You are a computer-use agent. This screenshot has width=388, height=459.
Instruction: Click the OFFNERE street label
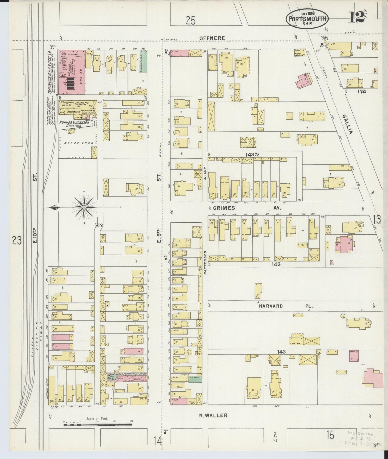pos(212,38)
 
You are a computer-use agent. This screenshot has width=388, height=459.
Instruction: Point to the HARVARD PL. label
pos(286,306)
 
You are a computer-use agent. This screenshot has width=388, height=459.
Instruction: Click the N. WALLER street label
pos(213,416)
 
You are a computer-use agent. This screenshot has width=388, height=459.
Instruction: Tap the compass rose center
pos(84,207)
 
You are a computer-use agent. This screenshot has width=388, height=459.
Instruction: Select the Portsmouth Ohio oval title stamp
pos(307,19)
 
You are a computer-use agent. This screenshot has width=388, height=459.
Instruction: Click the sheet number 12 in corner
pos(357,18)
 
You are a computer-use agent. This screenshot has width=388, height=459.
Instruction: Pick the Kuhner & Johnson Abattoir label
pos(74,124)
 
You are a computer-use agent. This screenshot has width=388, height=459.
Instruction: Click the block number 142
pos(99,225)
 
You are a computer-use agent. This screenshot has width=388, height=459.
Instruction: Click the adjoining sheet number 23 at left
pos(17,241)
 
